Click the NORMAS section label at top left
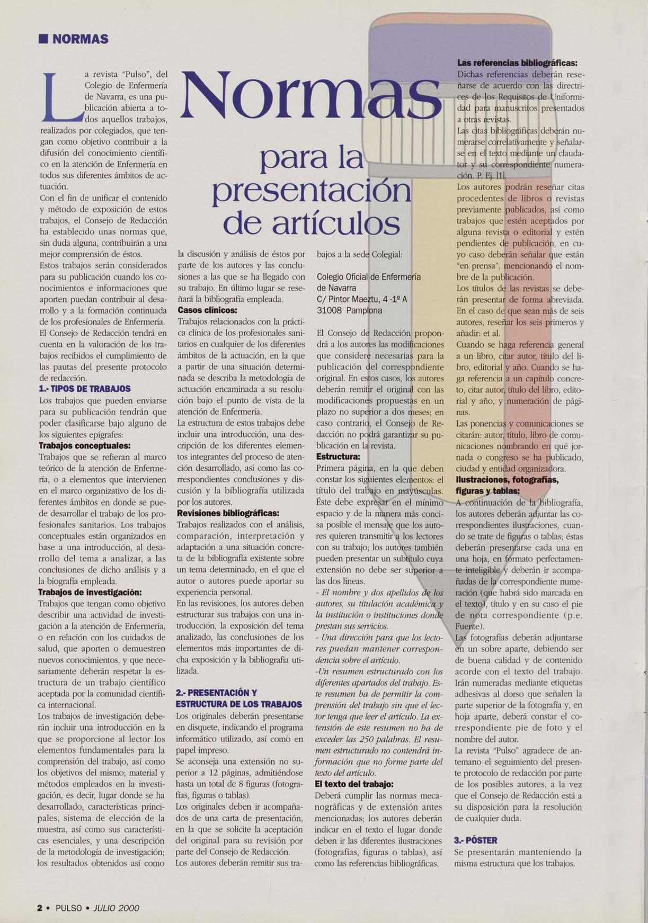tap(77, 39)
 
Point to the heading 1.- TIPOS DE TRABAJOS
tap(85, 389)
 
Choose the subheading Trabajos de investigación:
tap(90, 592)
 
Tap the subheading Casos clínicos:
tap(207, 310)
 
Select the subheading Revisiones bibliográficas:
tap(228, 513)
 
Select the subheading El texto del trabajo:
tap(354, 784)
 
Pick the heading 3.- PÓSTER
tap(476, 840)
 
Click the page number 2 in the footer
tap(40, 908)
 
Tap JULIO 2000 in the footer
tap(116, 908)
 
